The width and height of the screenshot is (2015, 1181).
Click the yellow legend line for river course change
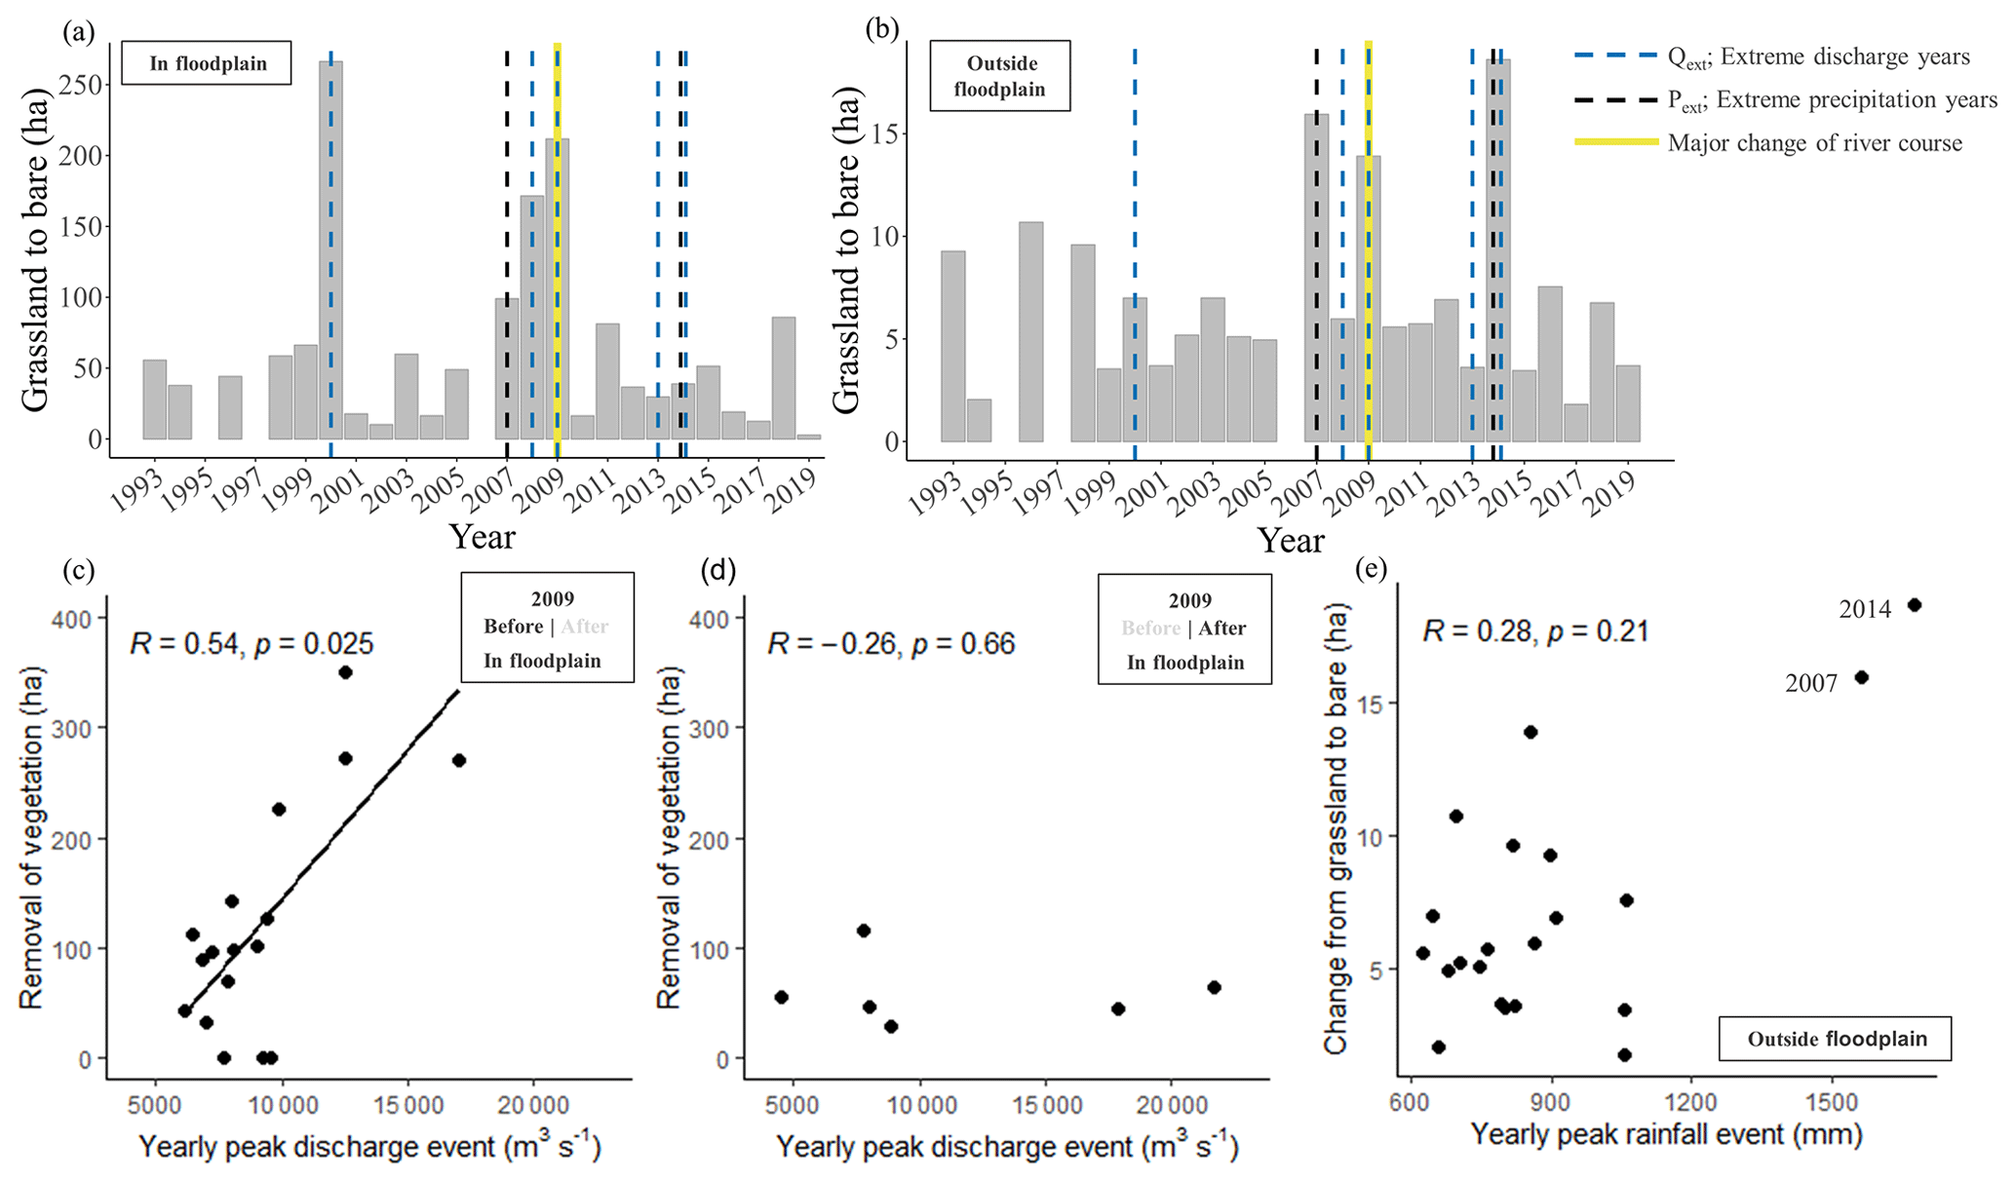1616,142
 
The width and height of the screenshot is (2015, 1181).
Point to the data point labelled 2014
1914,605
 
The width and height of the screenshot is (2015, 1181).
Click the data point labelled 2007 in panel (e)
1861,677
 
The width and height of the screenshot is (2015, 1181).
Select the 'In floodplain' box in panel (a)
207,63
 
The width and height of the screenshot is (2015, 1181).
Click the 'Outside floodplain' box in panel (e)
1836,1039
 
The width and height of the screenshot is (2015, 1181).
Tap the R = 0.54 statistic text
252,644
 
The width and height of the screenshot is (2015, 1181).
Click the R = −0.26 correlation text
891,644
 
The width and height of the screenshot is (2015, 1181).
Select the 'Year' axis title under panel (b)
1291,541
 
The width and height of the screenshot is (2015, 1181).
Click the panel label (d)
718,570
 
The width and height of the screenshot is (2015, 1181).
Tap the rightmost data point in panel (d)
1214,987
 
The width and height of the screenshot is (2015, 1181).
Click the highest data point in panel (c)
345,672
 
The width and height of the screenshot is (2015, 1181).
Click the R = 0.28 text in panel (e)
1534,631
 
